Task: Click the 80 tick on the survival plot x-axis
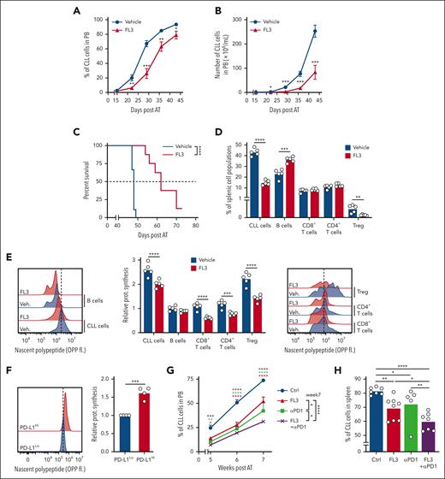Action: pyautogui.click(x=195, y=234)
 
